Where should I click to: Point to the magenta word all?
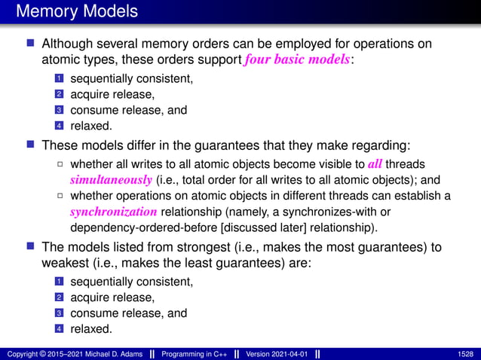click(x=375, y=165)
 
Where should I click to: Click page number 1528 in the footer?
click(x=465, y=354)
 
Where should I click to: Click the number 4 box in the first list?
click(x=58, y=126)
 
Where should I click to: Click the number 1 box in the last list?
click(x=58, y=282)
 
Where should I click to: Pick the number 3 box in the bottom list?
click(x=58, y=313)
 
